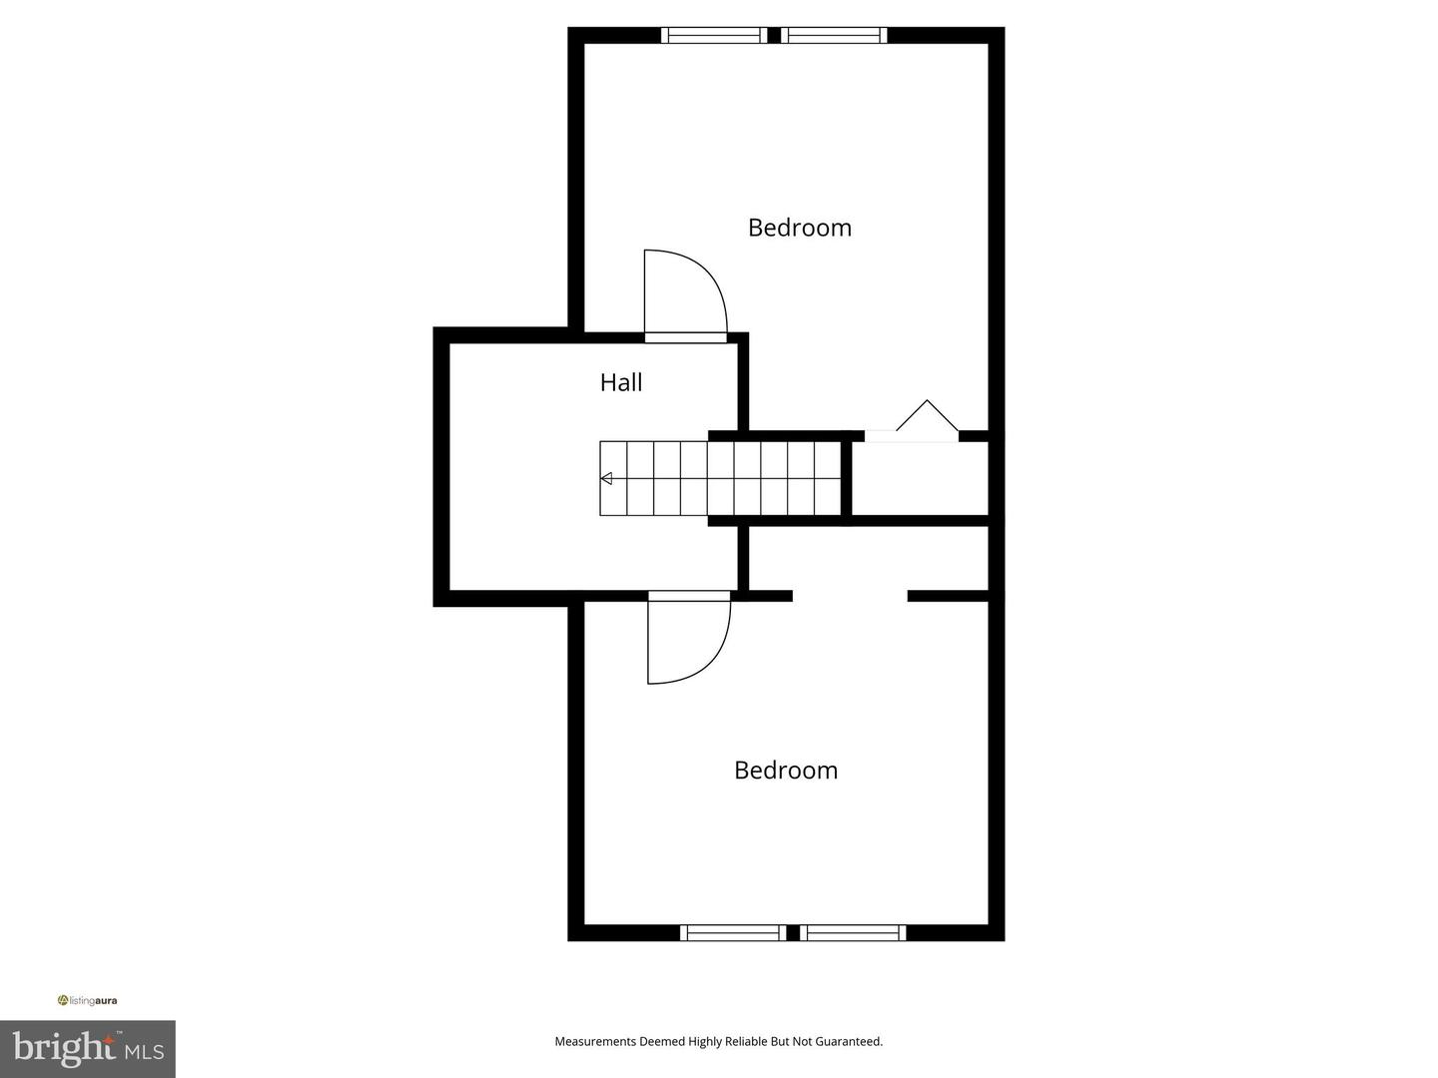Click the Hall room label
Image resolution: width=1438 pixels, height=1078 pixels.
point(620,382)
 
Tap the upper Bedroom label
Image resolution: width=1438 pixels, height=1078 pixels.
point(799,228)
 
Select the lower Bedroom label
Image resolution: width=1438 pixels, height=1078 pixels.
point(785,771)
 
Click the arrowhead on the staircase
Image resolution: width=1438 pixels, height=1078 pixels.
point(606,479)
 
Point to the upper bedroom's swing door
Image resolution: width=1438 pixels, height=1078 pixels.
point(683,294)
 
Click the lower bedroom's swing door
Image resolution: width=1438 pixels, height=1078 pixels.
point(687,639)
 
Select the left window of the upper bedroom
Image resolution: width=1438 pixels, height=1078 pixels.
point(714,36)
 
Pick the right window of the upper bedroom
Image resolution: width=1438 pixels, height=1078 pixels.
point(835,36)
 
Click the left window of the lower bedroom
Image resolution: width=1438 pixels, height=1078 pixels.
point(732,933)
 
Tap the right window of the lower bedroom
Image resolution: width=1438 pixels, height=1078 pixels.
point(853,933)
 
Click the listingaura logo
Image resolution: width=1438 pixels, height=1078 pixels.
point(88,1000)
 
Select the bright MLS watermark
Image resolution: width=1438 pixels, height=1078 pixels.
point(88,1048)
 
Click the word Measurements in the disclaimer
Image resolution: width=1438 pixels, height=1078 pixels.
point(595,1041)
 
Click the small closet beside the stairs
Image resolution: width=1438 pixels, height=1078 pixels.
point(919,478)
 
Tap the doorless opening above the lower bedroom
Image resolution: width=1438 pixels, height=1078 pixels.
point(850,596)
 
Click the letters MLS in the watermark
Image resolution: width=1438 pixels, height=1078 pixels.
point(144,1051)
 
